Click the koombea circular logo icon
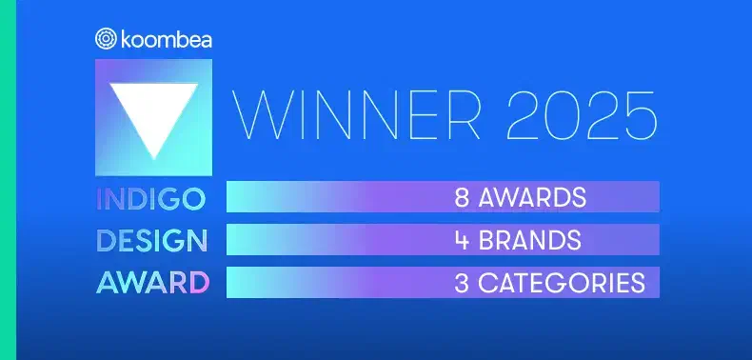[x=106, y=38]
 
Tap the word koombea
[x=167, y=39]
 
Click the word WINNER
[x=357, y=115]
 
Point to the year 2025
[x=582, y=115]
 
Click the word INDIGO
[x=151, y=199]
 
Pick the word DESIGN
[x=151, y=241]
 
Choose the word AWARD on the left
[x=153, y=283]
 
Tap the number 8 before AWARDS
[x=462, y=197]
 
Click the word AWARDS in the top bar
[x=532, y=197]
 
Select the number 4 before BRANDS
[x=462, y=240]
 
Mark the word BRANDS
[x=530, y=240]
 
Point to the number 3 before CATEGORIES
[x=462, y=283]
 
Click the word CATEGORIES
[x=562, y=283]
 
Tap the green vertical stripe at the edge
[x=8, y=180]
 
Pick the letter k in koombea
[x=127, y=39]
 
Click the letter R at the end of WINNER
[x=463, y=115]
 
